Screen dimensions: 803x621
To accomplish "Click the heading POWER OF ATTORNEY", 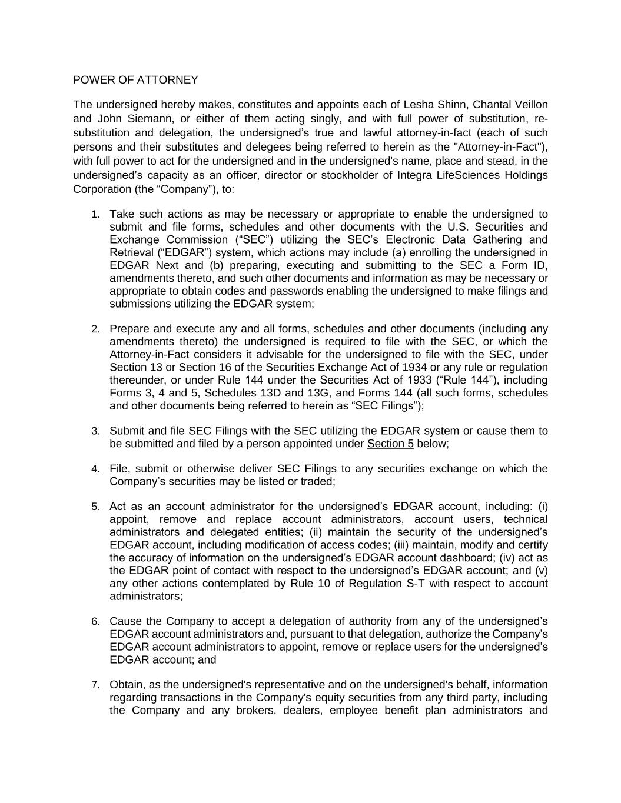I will (x=135, y=80).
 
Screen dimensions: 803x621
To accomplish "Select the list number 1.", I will (x=95, y=215).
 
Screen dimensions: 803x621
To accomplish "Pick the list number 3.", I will (x=95, y=431).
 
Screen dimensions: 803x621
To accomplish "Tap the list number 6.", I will (x=95, y=622).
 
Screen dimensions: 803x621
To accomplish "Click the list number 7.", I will (x=95, y=685).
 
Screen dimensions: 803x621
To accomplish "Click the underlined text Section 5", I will (x=390, y=444).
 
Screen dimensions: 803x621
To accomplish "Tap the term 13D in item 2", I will (x=225, y=393).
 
